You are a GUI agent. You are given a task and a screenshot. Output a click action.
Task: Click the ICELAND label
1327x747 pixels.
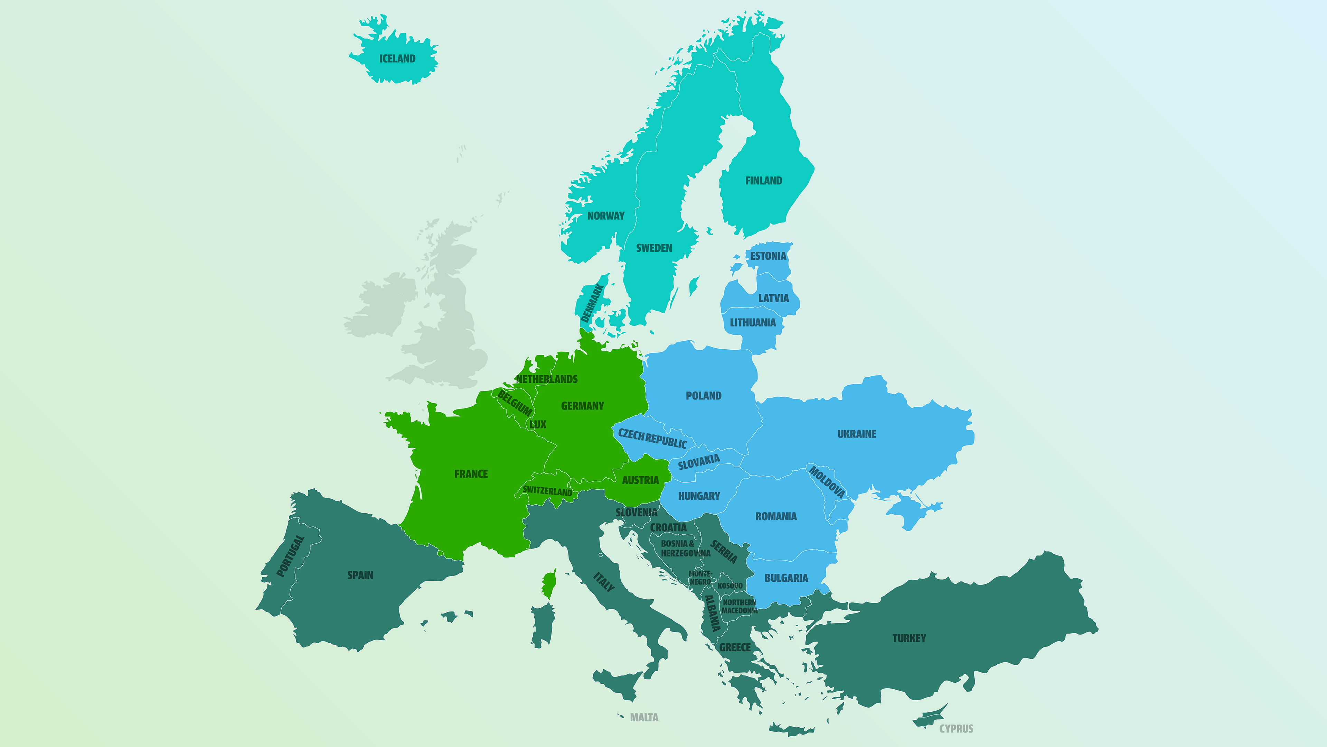[397, 59]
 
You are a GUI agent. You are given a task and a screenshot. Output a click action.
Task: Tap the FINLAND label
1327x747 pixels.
[763, 181]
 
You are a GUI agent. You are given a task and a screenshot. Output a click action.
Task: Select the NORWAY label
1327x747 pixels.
[606, 216]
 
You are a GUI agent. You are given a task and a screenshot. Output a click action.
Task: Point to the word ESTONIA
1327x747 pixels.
[768, 256]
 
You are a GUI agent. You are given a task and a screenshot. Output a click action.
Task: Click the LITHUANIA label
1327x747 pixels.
[753, 323]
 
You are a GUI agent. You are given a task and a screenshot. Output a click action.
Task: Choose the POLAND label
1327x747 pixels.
[703, 396]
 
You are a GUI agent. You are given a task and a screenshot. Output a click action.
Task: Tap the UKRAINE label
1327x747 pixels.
[857, 434]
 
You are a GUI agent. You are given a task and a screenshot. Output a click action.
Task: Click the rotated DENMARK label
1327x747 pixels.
[592, 303]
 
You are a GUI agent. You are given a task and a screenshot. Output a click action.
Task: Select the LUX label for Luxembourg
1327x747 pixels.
[538, 425]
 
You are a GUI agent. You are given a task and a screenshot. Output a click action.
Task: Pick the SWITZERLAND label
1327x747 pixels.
[547, 491]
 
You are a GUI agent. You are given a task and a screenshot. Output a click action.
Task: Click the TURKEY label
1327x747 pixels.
[909, 638]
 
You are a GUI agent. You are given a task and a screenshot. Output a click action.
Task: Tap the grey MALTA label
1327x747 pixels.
[644, 718]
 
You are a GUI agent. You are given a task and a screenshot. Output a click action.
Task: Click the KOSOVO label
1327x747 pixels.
[730, 585]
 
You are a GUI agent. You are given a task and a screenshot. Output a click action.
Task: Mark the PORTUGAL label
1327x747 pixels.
[291, 556]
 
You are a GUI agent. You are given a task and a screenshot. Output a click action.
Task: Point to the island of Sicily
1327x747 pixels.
[618, 683]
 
